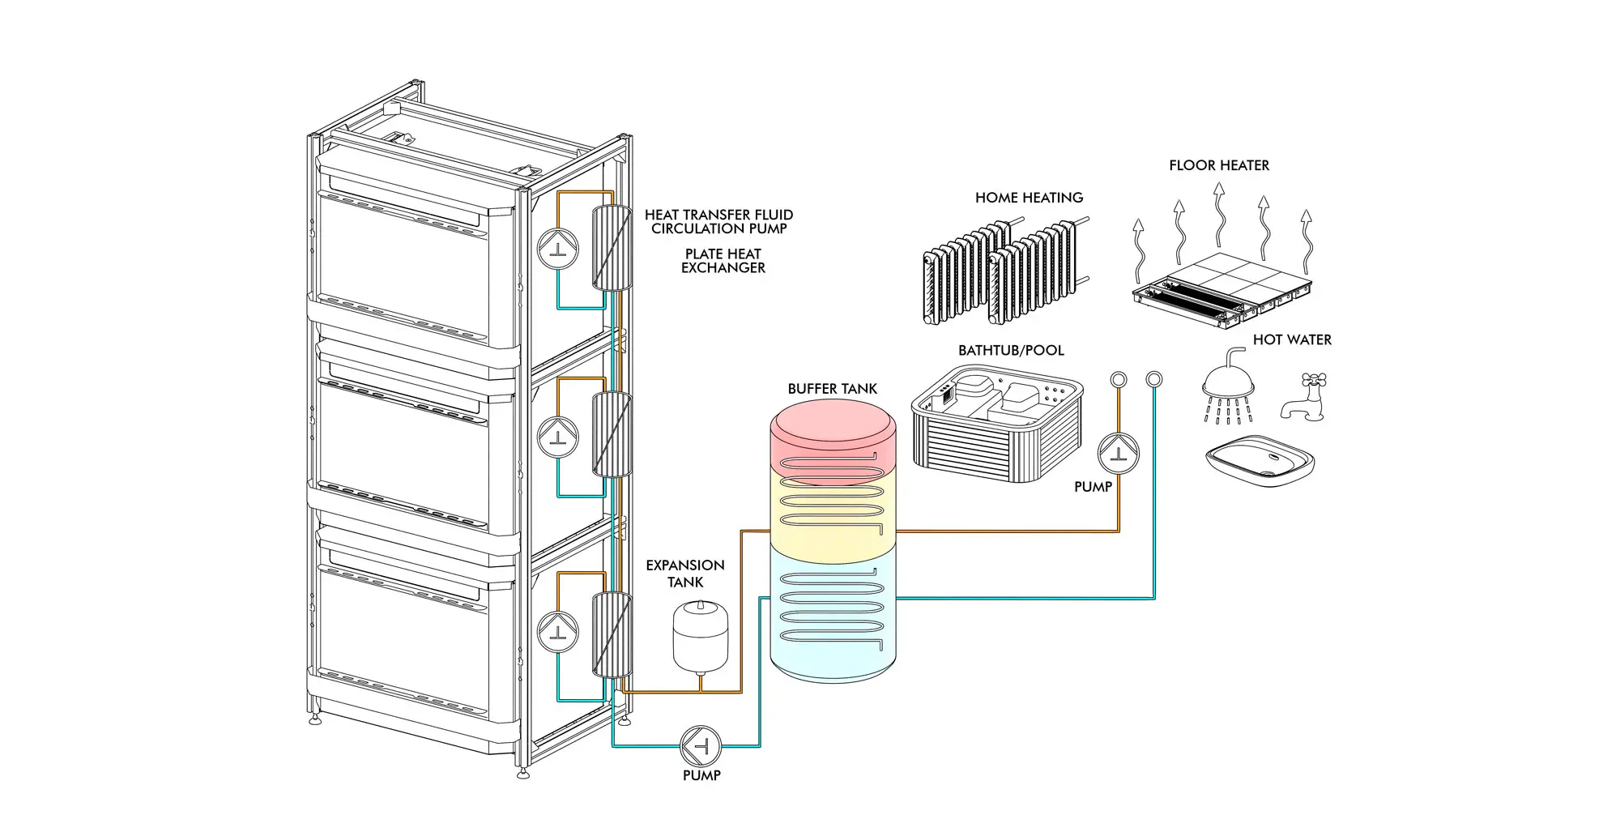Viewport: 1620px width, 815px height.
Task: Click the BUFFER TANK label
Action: pos(833,389)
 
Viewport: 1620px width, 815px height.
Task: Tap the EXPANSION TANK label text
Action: pos(685,574)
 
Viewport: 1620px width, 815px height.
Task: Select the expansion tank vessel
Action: pos(701,636)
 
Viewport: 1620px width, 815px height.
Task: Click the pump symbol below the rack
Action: pos(701,746)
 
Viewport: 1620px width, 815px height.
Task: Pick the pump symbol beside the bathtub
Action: pos(1119,453)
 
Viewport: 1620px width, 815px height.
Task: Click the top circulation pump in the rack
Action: pos(558,249)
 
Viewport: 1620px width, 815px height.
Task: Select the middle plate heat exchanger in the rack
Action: pos(612,434)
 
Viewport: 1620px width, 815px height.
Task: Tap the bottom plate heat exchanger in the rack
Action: pos(612,634)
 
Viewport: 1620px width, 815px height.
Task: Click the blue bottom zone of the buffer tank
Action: pos(833,616)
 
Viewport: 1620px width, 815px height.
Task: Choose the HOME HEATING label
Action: pos(1029,198)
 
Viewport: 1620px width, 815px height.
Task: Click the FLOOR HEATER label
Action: pos(1219,165)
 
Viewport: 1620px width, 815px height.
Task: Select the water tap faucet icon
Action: pos(1303,397)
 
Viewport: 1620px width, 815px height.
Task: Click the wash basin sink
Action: pos(1260,461)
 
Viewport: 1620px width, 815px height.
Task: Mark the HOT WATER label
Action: pos(1292,340)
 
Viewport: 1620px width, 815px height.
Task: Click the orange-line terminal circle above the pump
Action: pos(1119,379)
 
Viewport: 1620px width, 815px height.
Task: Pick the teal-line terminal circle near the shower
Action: pos(1154,378)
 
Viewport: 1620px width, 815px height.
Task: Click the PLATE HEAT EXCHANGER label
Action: pos(723,261)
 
